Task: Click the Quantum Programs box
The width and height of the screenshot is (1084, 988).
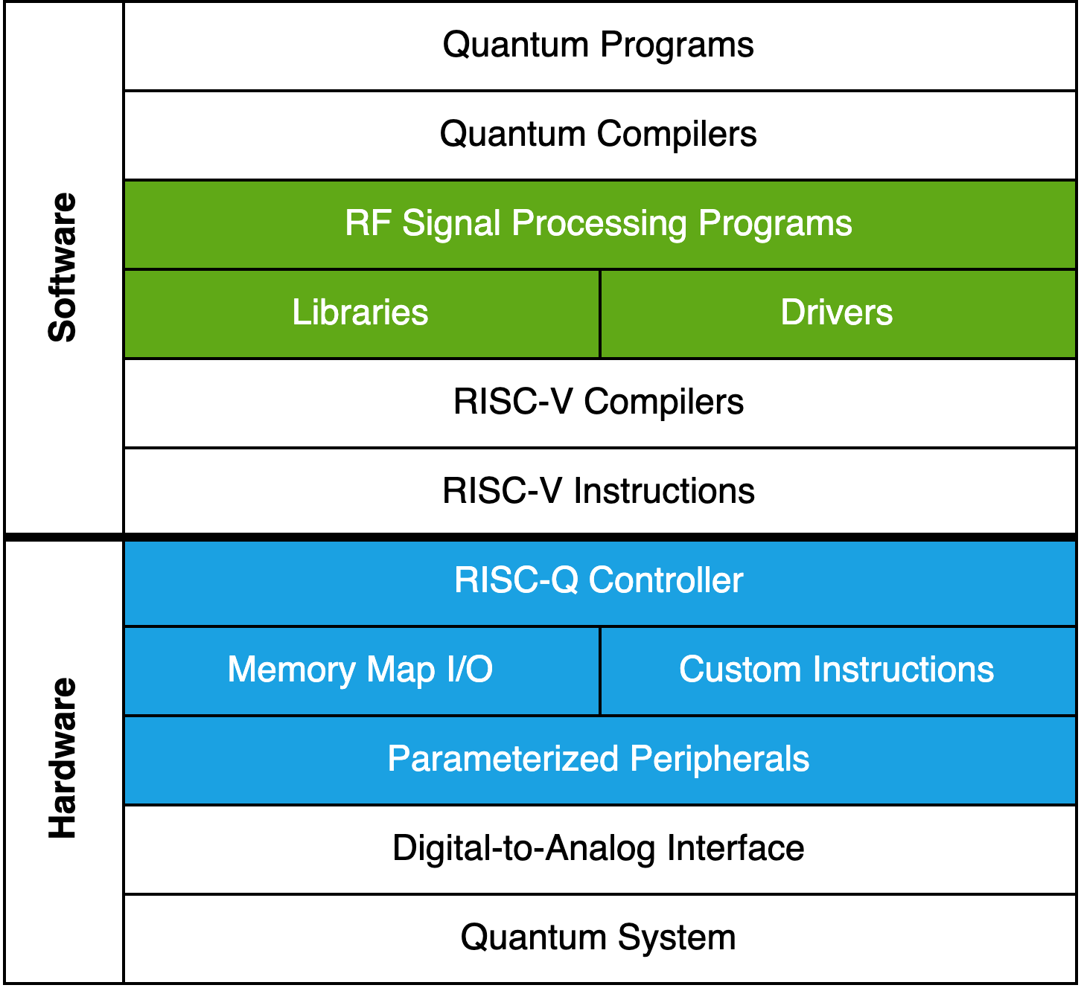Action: pos(599,46)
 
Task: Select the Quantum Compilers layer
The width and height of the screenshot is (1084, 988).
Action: pos(599,135)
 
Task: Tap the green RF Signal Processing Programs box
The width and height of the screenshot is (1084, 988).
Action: pos(599,225)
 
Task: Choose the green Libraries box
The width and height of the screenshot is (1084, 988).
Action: pos(361,313)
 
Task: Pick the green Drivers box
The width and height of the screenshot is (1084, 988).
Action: pos(837,313)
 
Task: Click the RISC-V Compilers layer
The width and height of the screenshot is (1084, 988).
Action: pos(599,402)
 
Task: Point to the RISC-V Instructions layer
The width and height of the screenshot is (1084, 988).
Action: pos(599,491)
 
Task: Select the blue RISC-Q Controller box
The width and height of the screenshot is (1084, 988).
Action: pos(599,581)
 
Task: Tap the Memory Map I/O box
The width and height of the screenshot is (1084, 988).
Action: pos(361,670)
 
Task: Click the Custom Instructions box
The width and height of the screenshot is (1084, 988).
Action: pos(837,670)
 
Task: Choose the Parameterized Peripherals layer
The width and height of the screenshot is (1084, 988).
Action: pos(599,760)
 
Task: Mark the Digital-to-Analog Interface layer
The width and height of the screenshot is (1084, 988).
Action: pos(599,849)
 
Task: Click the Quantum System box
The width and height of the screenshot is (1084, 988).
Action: pos(599,938)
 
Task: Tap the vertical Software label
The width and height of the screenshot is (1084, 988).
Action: pos(63,268)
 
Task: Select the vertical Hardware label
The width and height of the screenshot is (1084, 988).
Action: pos(63,759)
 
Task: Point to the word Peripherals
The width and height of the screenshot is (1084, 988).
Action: pos(719,760)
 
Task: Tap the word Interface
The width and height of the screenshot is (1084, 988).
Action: pos(736,849)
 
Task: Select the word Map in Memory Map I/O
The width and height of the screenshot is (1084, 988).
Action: pos(401,670)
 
